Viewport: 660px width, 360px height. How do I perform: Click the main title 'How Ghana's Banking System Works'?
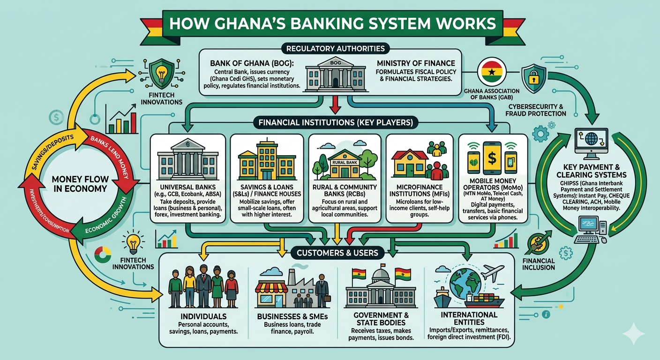click(330, 23)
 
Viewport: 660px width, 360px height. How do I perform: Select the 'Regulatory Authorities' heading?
click(330, 48)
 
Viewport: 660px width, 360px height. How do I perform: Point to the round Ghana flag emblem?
click(491, 74)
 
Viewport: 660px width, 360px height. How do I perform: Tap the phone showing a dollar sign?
click(492, 157)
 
